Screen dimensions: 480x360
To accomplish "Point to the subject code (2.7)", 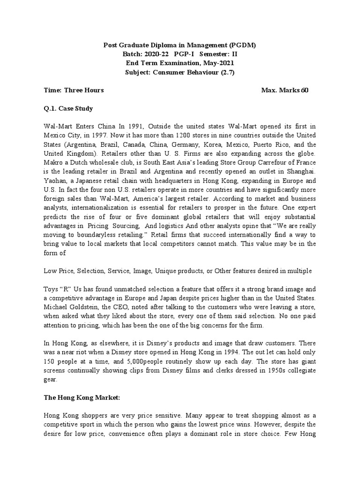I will [226, 72].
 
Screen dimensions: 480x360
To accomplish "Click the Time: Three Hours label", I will [74, 90].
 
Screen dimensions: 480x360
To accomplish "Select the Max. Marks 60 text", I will [285, 90].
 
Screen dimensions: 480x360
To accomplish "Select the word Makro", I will [53, 162].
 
